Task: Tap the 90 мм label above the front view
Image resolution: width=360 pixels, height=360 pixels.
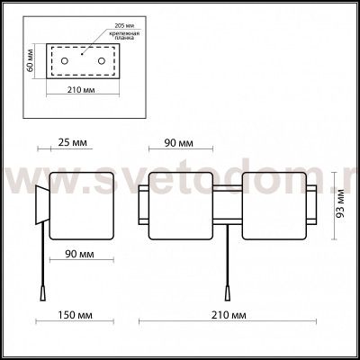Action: click(x=178, y=141)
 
